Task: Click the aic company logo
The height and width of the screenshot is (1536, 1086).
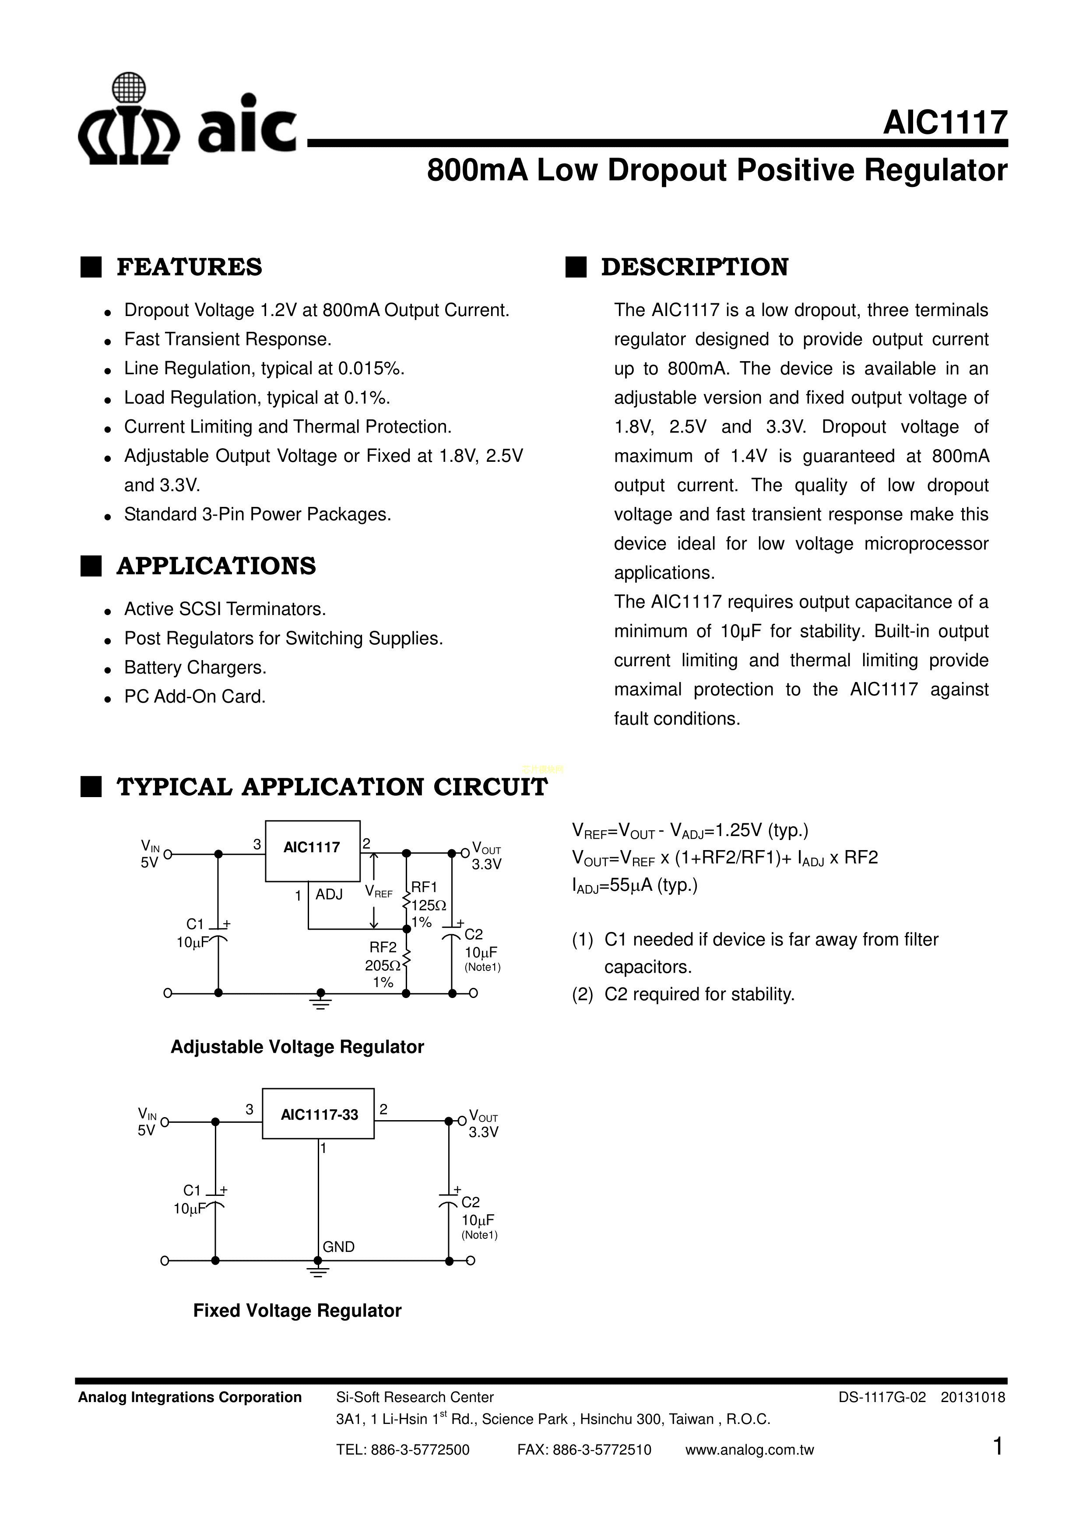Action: click(187, 120)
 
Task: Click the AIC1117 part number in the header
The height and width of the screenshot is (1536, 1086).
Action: click(944, 123)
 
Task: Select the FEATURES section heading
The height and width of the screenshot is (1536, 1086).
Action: click(190, 267)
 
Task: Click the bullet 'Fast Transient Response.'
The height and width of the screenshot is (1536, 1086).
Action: click(228, 340)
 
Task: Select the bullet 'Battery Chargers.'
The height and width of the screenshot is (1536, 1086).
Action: click(195, 668)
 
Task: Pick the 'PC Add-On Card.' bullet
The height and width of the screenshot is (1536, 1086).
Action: click(195, 697)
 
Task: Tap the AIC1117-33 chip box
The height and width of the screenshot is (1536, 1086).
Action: click(319, 1114)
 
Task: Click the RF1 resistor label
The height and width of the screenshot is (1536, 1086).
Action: click(424, 887)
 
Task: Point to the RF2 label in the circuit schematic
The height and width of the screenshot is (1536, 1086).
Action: click(383, 947)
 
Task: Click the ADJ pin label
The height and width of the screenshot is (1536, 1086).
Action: click(329, 894)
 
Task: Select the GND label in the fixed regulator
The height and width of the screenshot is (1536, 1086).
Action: click(338, 1247)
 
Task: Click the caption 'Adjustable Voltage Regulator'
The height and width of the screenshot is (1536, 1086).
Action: click(297, 1047)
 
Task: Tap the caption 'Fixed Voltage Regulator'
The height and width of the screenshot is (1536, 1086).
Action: click(297, 1311)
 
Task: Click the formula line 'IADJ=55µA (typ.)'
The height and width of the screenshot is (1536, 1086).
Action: click(634, 886)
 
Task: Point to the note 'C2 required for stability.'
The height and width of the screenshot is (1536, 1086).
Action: click(699, 995)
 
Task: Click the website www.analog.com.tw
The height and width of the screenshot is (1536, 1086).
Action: click(749, 1450)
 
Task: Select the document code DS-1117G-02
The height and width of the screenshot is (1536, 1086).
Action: click(882, 1398)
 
